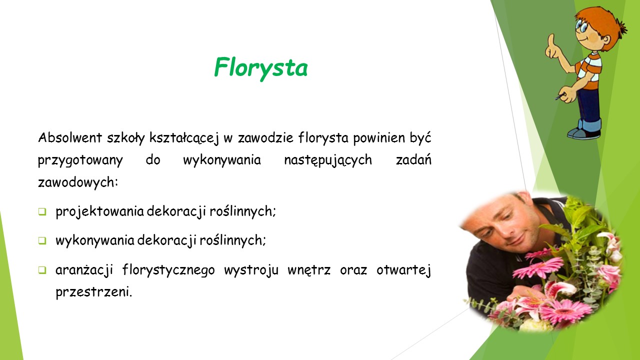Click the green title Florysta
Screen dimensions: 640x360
(261, 68)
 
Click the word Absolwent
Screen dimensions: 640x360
(70, 137)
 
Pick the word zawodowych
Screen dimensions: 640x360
(78, 182)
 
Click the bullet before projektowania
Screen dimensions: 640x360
(42, 211)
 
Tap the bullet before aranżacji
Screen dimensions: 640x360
(42, 270)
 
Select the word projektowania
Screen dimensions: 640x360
(99, 211)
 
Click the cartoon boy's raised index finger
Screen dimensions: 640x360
(551, 39)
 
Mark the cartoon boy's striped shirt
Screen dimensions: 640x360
(589, 70)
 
